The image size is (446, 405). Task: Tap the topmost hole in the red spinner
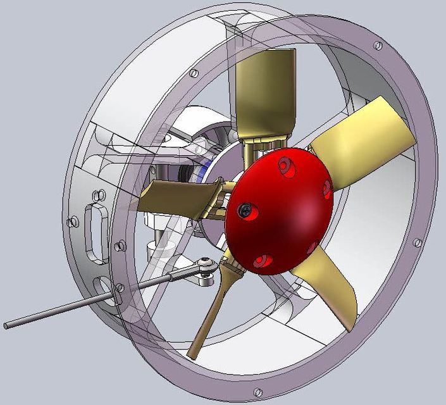point(284,166)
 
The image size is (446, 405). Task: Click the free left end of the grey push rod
point(8,326)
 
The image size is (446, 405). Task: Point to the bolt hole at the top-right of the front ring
point(377,46)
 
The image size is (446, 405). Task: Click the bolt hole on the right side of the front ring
point(417,242)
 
